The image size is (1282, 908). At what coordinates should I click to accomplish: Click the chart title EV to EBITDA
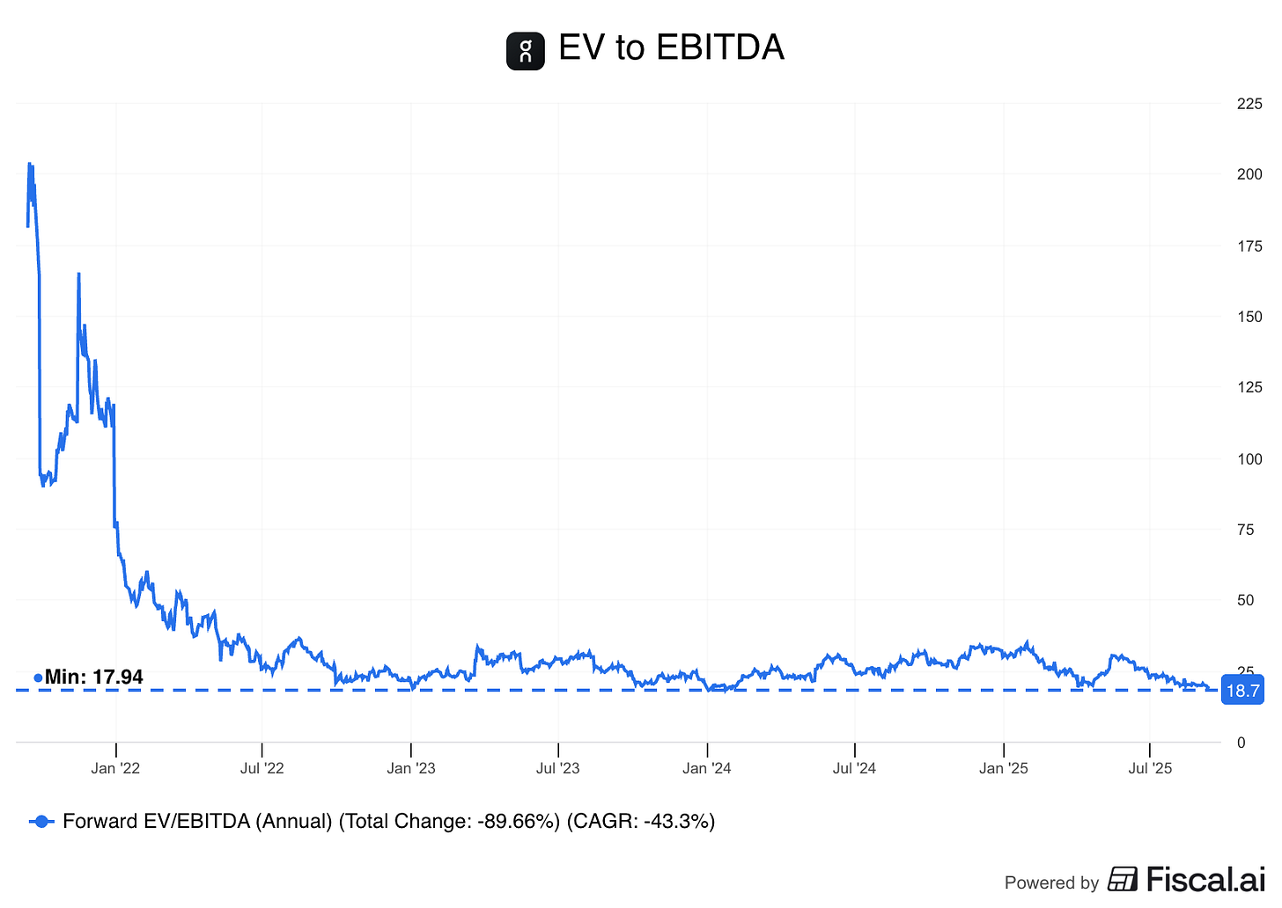coord(671,48)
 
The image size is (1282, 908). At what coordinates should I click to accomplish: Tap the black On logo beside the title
coord(526,50)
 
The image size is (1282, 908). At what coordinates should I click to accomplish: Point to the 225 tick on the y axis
coord(1249,104)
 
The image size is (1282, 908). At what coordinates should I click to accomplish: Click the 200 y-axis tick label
coord(1249,174)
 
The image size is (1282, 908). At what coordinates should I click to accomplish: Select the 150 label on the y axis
coord(1249,317)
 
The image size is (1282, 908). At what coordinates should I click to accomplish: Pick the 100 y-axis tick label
coord(1249,458)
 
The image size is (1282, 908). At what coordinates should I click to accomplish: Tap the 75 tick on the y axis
coord(1245,530)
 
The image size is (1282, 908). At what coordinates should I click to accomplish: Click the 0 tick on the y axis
coord(1241,743)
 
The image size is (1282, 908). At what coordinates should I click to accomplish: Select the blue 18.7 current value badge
coord(1242,691)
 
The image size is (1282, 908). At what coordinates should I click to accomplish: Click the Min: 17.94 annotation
coord(93,677)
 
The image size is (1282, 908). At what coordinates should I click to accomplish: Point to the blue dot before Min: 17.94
coord(38,677)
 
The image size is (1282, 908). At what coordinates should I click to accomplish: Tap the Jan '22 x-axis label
coord(115,768)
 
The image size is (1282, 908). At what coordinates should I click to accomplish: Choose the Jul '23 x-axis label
coord(558,768)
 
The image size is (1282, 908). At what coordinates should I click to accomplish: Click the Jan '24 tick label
coord(706,768)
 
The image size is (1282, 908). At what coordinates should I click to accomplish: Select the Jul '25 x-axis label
coord(1150,768)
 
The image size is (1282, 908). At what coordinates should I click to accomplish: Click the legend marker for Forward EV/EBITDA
coord(41,821)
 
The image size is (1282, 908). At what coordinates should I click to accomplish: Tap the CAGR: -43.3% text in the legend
coord(640,821)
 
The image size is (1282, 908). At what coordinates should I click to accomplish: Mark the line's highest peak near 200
coord(29,164)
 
